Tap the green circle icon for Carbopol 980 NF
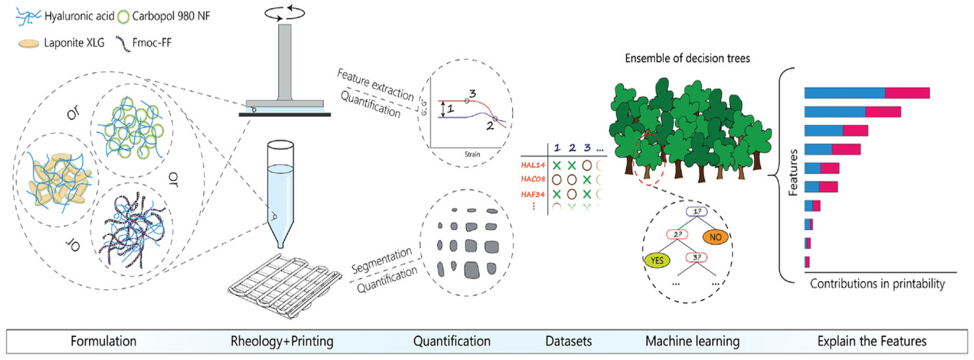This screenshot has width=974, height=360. [123, 17]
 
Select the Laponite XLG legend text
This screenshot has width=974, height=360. [74, 43]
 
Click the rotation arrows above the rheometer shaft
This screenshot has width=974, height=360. [284, 13]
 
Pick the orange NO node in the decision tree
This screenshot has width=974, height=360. [715, 237]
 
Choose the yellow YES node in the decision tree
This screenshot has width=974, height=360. [657, 260]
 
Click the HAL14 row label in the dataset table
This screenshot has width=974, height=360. [533, 165]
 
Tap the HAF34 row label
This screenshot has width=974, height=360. [533, 194]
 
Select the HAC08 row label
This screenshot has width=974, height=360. [533, 179]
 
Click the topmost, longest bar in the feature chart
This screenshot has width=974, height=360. [866, 93]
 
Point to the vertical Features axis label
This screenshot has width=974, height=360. [793, 172]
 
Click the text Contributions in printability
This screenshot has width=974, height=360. [877, 283]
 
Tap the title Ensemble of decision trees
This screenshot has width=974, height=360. [687, 58]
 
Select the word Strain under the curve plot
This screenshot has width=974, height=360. [472, 154]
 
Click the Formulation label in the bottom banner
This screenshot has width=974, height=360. [103, 341]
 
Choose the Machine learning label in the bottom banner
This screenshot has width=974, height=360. [692, 341]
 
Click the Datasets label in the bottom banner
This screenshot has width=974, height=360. [568, 341]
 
